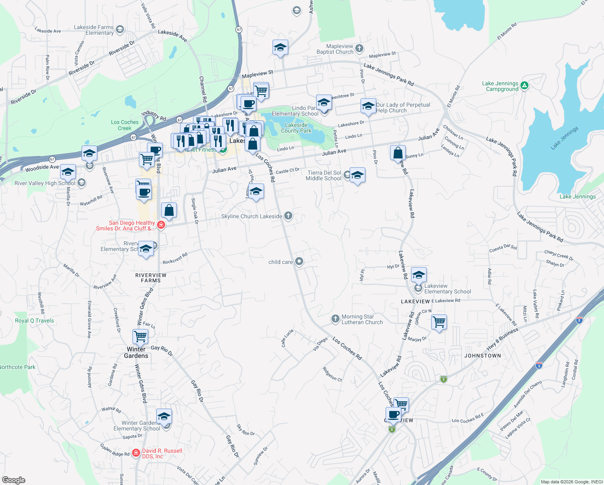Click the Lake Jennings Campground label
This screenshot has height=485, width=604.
click(500, 86)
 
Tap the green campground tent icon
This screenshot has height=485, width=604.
click(524, 85)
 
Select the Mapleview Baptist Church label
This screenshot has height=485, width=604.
click(335, 49)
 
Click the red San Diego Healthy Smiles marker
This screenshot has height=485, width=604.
click(161, 225)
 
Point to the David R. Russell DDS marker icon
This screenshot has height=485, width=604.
click(136, 453)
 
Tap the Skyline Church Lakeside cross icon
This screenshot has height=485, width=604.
click(288, 215)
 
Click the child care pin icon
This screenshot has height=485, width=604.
click(299, 261)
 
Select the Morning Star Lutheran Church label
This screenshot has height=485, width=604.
click(362, 320)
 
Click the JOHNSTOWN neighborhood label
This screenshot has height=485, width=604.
click(482, 356)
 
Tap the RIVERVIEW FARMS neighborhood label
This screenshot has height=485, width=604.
click(151, 278)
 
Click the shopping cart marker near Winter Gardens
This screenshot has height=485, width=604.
click(141, 336)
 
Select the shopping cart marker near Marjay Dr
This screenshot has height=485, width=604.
click(439, 323)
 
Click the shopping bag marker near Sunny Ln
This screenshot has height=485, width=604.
click(398, 153)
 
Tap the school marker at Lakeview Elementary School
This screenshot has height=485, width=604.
click(419, 275)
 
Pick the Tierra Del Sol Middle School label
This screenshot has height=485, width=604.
click(324, 175)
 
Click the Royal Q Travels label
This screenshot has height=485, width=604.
click(34, 321)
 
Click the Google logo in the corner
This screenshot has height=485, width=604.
click(13, 480)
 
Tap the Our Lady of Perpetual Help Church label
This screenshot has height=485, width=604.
click(403, 108)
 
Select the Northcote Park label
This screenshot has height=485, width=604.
click(17, 367)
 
